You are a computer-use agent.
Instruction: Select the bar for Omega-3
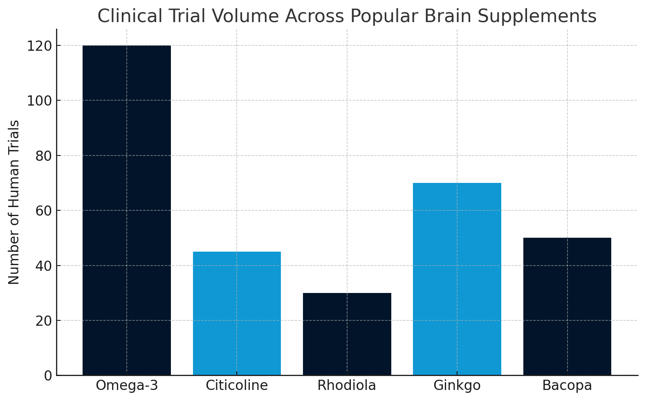pyautogui.click(x=127, y=210)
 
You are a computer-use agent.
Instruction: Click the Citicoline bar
pyautogui.click(x=237, y=313)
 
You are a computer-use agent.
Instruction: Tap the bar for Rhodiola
pyautogui.click(x=347, y=334)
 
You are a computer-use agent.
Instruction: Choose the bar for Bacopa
pyautogui.click(x=567, y=306)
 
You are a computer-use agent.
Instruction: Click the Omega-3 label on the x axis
pyautogui.click(x=127, y=385)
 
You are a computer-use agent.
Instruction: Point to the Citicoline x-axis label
pyautogui.click(x=237, y=385)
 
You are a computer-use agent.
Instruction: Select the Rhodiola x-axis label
pyautogui.click(x=347, y=385)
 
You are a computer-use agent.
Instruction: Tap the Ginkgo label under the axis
pyautogui.click(x=457, y=385)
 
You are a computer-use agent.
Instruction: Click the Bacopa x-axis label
pyautogui.click(x=567, y=385)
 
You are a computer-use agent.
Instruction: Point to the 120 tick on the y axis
pyautogui.click(x=39, y=46)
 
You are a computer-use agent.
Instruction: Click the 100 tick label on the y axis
pyautogui.click(x=39, y=101)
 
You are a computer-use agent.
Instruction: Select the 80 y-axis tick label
pyautogui.click(x=43, y=156)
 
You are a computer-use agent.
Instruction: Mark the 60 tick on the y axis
pyautogui.click(x=43, y=211)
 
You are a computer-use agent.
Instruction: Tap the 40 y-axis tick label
pyautogui.click(x=43, y=266)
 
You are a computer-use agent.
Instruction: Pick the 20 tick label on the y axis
pyautogui.click(x=43, y=321)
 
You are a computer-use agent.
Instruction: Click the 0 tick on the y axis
pyautogui.click(x=48, y=376)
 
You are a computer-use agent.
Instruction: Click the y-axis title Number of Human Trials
pyautogui.click(x=14, y=202)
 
